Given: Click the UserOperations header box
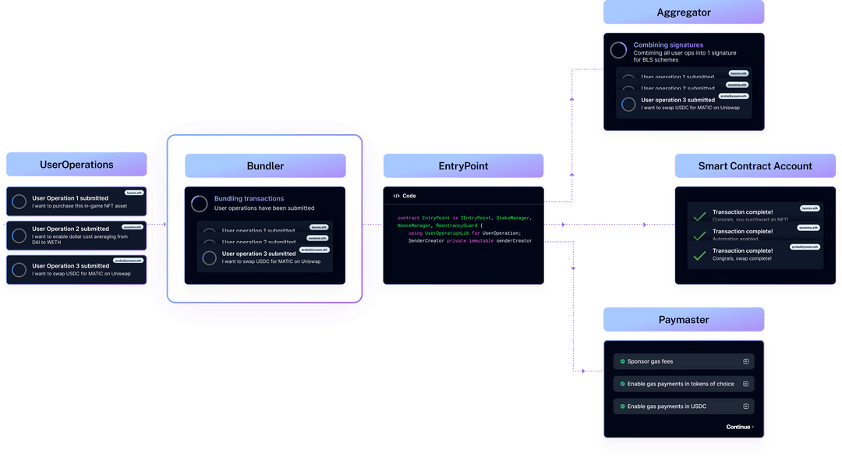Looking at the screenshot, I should (x=76, y=165).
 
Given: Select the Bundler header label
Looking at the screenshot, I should (x=265, y=166).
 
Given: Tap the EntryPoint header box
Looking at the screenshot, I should (x=463, y=166).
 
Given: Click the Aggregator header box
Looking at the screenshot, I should (x=684, y=13).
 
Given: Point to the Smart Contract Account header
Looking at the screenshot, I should (x=755, y=166).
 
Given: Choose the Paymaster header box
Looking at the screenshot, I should (x=684, y=320).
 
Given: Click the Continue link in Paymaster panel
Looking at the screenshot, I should (x=739, y=427).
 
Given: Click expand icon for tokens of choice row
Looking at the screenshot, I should (x=745, y=384).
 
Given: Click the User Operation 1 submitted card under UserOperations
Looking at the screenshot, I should (x=76, y=202).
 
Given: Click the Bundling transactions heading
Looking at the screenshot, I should (x=249, y=199).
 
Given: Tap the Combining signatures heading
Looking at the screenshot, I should (x=668, y=45).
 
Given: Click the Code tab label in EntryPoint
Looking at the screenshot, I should (x=409, y=196).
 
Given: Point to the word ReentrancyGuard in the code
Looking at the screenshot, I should (x=458, y=225).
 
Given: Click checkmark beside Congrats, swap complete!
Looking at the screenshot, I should (x=700, y=254).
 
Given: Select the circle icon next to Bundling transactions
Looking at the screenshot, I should (x=200, y=204).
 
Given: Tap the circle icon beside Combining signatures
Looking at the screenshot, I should (x=618, y=50).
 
